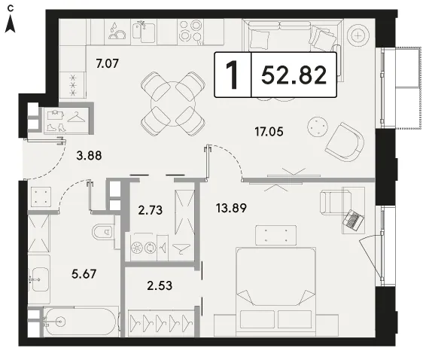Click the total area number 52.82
pyautogui.click(x=294, y=75)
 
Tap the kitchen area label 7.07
pyautogui.click(x=107, y=63)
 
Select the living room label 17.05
pyautogui.click(x=269, y=132)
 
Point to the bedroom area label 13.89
pyautogui.click(x=231, y=208)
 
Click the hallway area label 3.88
pyautogui.click(x=89, y=156)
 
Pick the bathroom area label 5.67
pyautogui.click(x=84, y=273)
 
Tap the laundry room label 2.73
pyautogui.click(x=151, y=210)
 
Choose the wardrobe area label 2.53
pyautogui.click(x=160, y=285)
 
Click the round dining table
pyautogui.click(x=173, y=104)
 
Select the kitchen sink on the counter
pyautogui.click(x=144, y=32)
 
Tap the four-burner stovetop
pyautogui.click(x=190, y=32)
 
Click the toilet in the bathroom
pyautogui.click(x=103, y=232)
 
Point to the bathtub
pyautogui.click(x=81, y=322)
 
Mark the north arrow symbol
pyautogui.click(x=10, y=24)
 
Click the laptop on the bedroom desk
pyautogui.click(x=354, y=220)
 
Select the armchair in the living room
pyautogui.click(x=345, y=142)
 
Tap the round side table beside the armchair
pyautogui.click(x=318, y=127)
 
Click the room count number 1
pyautogui.click(x=233, y=75)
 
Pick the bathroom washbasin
pyautogui.click(x=39, y=279)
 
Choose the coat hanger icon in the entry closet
pyautogui.click(x=77, y=117)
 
